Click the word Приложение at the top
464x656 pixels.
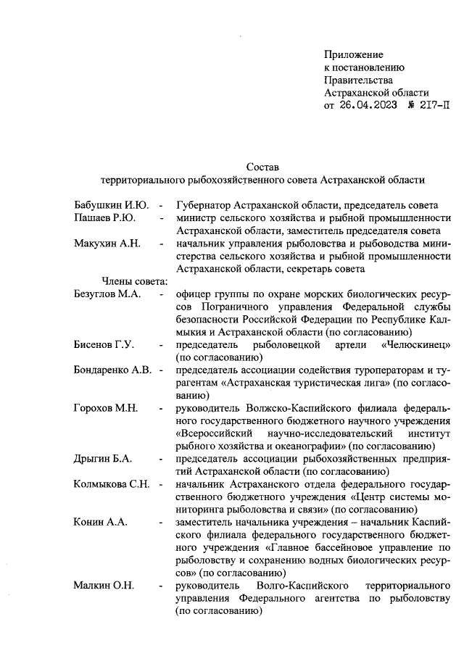pos(353,54)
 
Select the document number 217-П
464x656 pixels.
pos(428,107)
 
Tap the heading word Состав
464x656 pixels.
pos(262,167)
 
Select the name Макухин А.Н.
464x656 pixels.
pos(107,243)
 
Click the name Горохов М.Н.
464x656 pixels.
pos(106,409)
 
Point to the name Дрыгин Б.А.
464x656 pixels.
pos(103,460)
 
